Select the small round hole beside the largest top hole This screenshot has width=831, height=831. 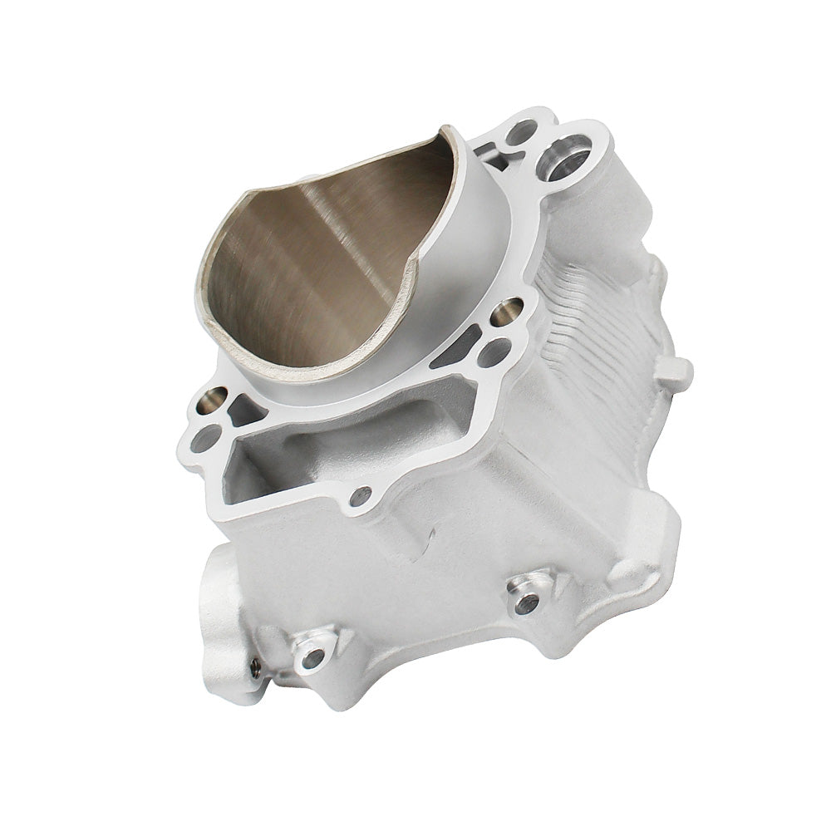[522, 131]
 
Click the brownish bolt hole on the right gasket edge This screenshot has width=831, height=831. [506, 312]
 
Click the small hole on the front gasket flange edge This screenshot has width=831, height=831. [361, 496]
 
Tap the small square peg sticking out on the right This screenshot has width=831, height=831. [677, 374]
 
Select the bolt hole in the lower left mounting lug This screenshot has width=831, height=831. [312, 658]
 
